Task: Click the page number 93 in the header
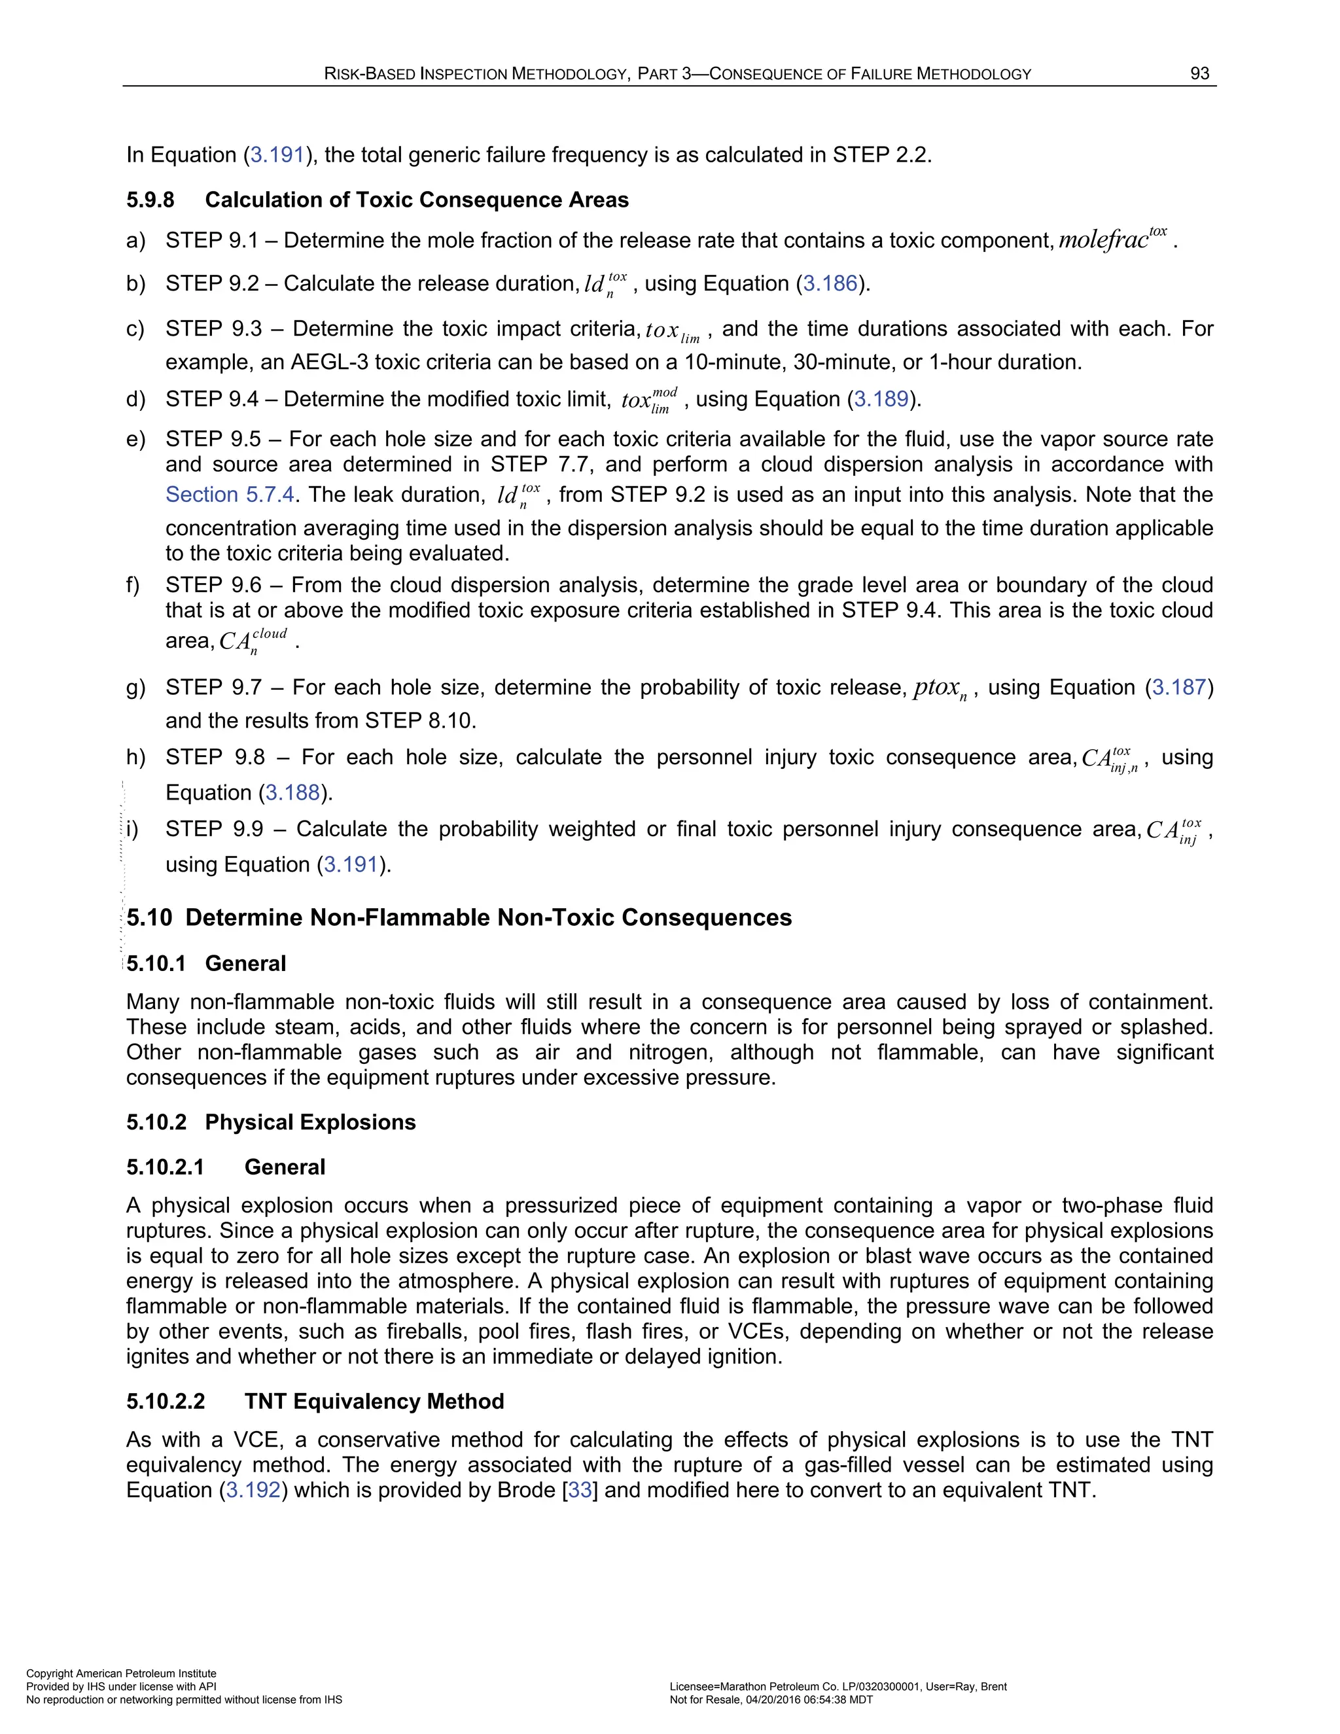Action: [1199, 74]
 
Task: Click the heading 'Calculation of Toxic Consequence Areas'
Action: [416, 200]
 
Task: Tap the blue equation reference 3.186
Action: [830, 283]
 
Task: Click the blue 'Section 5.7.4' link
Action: [230, 495]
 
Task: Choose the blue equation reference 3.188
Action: [292, 792]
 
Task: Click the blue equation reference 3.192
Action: [253, 1489]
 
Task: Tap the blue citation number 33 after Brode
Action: [580, 1489]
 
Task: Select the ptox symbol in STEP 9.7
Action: [939, 688]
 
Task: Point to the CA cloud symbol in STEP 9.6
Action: [251, 641]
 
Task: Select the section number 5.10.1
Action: [156, 963]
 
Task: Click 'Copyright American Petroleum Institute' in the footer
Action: [122, 1673]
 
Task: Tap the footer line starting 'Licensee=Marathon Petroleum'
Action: [837, 1686]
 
